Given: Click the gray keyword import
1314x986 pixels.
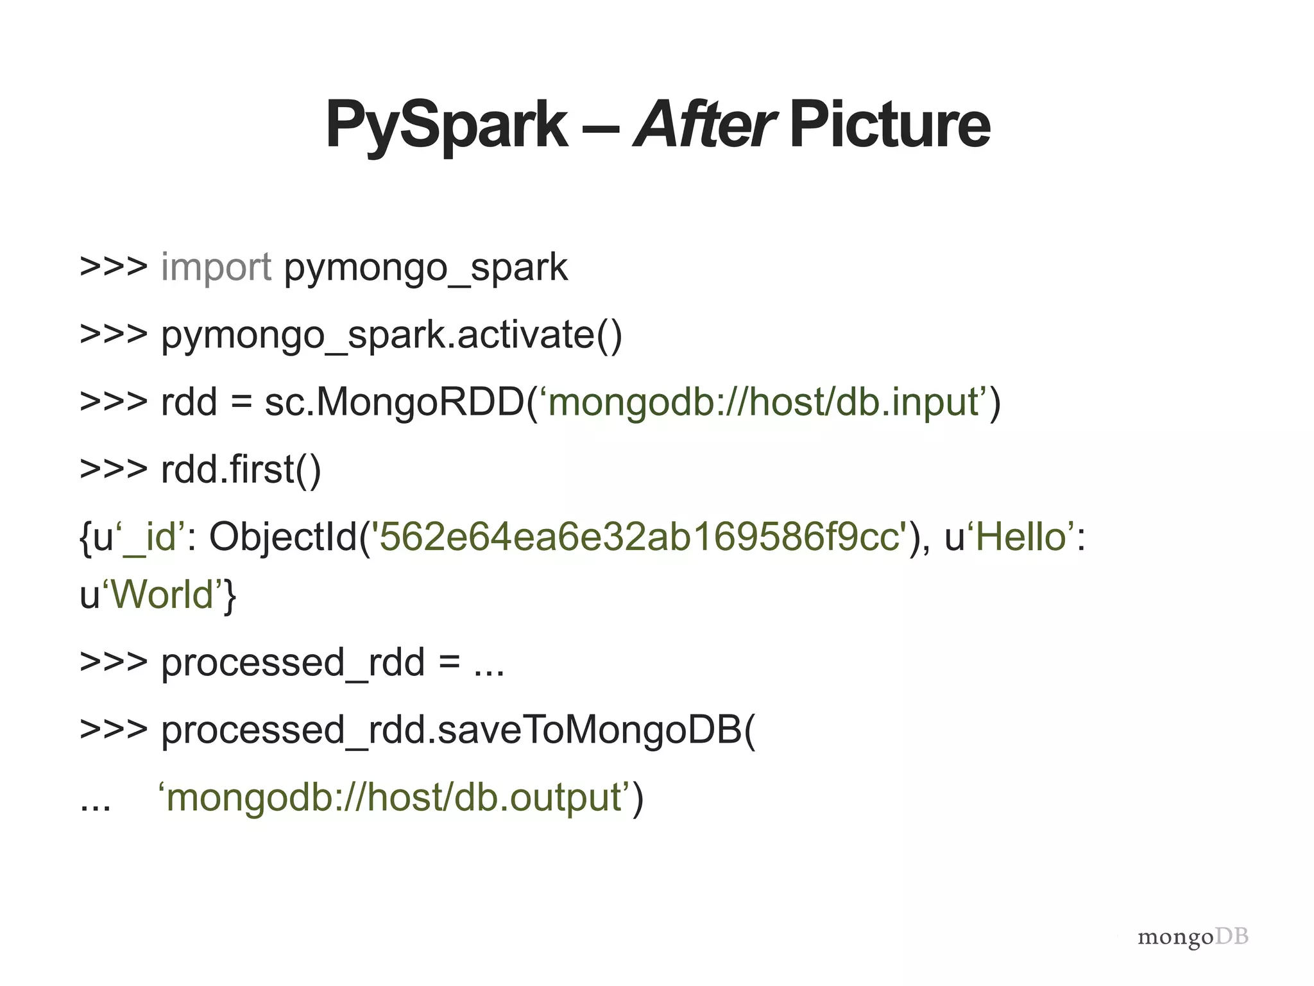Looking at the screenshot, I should click(x=216, y=267).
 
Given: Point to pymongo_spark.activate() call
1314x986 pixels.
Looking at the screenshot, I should click(x=391, y=335).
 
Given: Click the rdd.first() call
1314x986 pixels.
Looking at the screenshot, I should click(x=241, y=470).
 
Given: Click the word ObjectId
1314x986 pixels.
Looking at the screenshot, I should click(x=282, y=537).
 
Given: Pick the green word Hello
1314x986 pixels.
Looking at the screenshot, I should click(x=1020, y=537).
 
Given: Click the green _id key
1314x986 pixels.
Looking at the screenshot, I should click(x=149, y=538).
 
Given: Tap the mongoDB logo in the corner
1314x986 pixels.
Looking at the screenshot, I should click(x=1193, y=937).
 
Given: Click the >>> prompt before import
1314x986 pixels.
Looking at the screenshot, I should click(x=114, y=267).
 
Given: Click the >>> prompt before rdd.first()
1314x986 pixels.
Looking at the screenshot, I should click(x=114, y=470).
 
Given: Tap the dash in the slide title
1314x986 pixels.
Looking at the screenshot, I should click(x=601, y=125).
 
